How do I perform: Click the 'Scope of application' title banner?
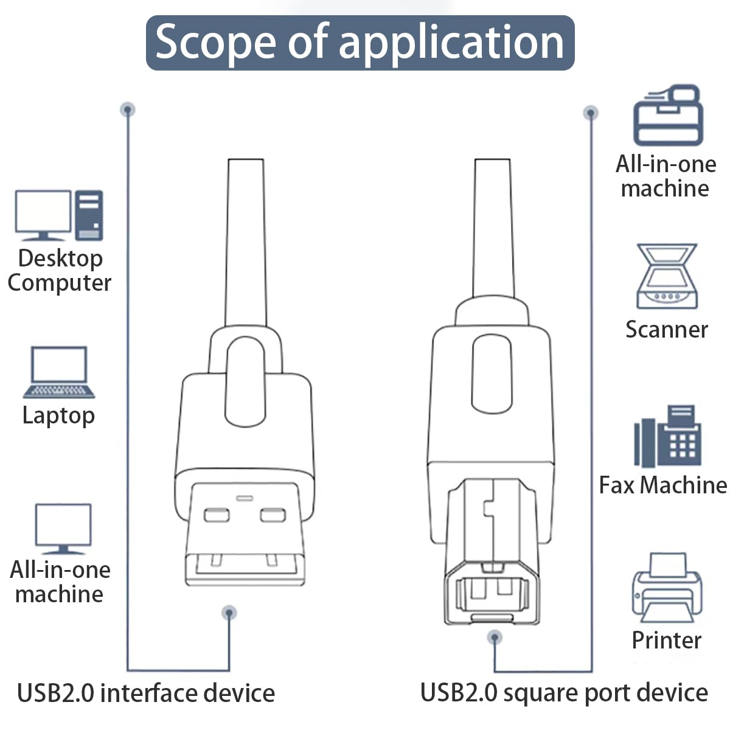coord(360,43)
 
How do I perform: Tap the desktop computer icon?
coord(59,215)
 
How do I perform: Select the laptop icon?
coord(59,372)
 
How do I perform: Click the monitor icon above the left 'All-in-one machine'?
coord(63,529)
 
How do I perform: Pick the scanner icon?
coord(667,276)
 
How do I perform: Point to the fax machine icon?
coord(667,436)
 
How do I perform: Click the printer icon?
coord(667,588)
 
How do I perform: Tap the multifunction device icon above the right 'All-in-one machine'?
coord(668,115)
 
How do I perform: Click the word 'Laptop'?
coord(58,415)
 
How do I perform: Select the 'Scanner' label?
coord(667,329)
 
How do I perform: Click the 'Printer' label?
coord(666,640)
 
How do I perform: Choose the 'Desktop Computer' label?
coord(60,271)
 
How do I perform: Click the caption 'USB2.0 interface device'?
coord(146,693)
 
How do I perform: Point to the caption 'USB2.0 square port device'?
coord(564,693)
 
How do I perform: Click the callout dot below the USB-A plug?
coord(229,613)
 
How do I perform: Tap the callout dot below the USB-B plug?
coord(495,638)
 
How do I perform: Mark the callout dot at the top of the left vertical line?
coord(128,110)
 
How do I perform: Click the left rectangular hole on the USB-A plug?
coord(217,516)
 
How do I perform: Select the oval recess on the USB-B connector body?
coord(492,374)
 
